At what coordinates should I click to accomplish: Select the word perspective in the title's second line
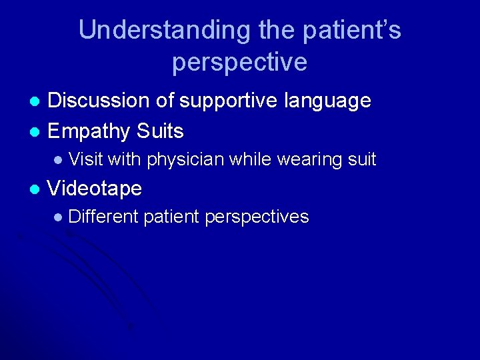(239, 62)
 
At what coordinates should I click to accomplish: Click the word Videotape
(95, 189)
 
